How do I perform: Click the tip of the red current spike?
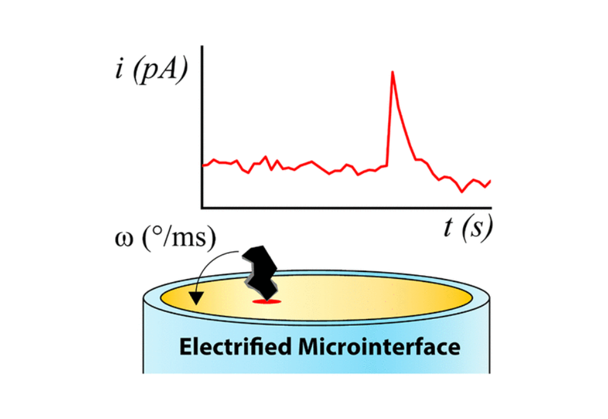point(392,72)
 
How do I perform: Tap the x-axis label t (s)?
point(468,226)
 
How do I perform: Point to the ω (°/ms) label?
point(166,238)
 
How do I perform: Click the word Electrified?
point(236,346)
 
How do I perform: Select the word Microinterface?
point(379,346)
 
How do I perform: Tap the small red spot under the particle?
point(266,301)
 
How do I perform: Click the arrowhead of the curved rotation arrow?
point(197,298)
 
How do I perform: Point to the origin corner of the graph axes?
point(202,208)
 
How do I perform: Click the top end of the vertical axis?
point(202,46)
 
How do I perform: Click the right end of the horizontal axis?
point(491,208)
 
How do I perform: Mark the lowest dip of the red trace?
point(461,191)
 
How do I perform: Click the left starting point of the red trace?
point(203,166)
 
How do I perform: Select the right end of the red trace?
point(491,181)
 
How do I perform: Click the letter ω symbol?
point(124,239)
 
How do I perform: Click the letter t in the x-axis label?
point(449,226)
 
